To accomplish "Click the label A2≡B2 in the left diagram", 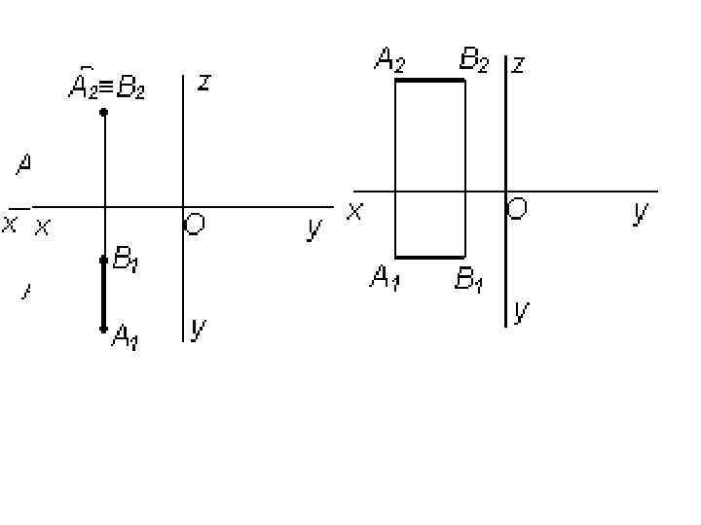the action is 106,89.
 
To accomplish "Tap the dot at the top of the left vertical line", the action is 104,113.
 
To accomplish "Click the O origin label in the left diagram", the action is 195,226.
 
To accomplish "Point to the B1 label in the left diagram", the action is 126,260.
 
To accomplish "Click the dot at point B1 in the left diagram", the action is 104,260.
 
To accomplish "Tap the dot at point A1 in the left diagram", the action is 104,329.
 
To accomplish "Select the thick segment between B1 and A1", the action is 104,295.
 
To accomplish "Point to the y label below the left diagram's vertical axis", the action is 198,330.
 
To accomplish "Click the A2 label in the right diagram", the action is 389,63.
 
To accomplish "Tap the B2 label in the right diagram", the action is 474,63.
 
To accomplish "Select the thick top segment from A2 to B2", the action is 429,81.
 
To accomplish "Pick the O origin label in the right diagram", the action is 518,208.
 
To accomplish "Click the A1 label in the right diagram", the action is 385,279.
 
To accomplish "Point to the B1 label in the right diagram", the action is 470,281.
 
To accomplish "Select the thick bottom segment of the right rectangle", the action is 429,258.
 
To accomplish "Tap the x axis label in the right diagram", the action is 355,210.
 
